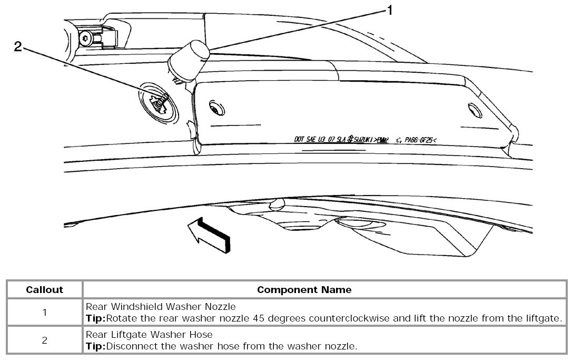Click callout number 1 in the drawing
pyautogui.click(x=390, y=10)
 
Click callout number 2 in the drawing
pyautogui.click(x=18, y=47)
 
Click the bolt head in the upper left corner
pyautogui.click(x=85, y=37)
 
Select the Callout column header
pyautogui.click(x=45, y=290)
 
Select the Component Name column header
pyautogui.click(x=304, y=290)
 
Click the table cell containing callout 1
pyautogui.click(x=45, y=312)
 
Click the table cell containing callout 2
pyautogui.click(x=45, y=340)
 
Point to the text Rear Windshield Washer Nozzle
pyautogui.click(x=160, y=306)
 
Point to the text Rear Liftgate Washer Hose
pyautogui.click(x=150, y=334)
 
